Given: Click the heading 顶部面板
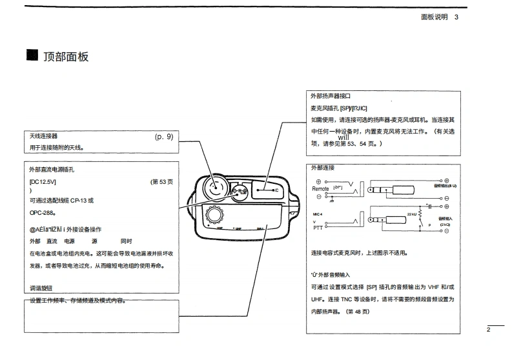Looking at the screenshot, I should click(66, 56).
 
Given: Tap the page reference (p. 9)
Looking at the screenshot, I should click(164, 137).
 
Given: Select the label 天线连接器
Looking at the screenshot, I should click(44, 137).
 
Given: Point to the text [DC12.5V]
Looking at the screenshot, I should click(43, 182).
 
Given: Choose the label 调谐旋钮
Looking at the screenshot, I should click(41, 288).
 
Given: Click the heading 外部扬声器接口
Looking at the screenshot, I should click(331, 95).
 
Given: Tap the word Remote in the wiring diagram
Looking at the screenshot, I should click(320, 189).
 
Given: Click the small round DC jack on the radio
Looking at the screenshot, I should click(240, 191).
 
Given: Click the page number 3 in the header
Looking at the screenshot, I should click(456, 17).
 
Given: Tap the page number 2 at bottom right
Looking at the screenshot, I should click(489, 330).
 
